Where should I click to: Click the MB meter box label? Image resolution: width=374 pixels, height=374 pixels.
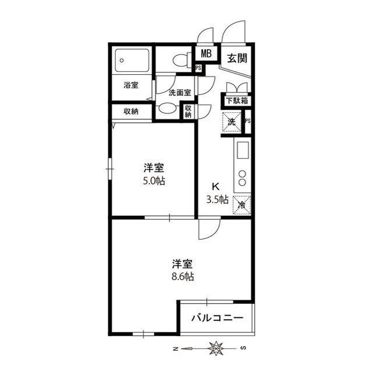(206, 54)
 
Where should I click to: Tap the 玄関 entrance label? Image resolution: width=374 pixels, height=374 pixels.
(237, 58)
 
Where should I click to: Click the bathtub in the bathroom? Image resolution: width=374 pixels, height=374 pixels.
(132, 60)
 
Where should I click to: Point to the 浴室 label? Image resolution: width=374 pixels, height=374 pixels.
(131, 85)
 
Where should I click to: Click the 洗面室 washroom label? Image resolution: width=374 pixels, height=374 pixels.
(180, 93)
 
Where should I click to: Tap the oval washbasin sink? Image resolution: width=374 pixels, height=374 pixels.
(168, 109)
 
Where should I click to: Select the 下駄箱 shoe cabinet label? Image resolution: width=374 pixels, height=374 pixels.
(237, 101)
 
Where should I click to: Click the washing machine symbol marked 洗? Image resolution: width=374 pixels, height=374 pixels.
(231, 122)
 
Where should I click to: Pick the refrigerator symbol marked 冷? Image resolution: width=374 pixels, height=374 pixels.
(241, 205)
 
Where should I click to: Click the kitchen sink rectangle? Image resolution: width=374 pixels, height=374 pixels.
(243, 150)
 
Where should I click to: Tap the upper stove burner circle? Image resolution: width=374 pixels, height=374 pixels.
(243, 174)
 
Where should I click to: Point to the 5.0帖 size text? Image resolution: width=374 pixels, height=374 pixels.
(154, 181)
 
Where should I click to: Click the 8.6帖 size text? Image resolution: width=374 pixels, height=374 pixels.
(183, 276)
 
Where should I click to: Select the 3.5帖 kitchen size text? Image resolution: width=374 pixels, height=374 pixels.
(217, 200)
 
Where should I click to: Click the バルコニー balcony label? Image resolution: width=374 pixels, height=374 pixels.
(217, 318)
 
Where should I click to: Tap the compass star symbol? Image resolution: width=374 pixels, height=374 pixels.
(216, 348)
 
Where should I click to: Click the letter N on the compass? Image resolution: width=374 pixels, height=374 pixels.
(175, 349)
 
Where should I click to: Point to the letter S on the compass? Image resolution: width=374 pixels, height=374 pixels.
(243, 348)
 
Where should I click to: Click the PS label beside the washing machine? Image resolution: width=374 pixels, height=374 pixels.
(248, 121)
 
